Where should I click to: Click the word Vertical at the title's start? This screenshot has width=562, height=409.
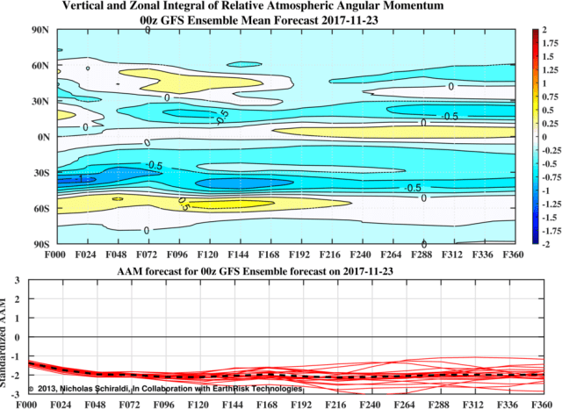click(x=86, y=7)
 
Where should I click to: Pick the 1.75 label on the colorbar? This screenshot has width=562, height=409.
click(x=549, y=43)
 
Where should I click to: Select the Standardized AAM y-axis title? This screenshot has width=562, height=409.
click(x=6, y=337)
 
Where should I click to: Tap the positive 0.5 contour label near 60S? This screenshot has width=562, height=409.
click(x=184, y=204)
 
